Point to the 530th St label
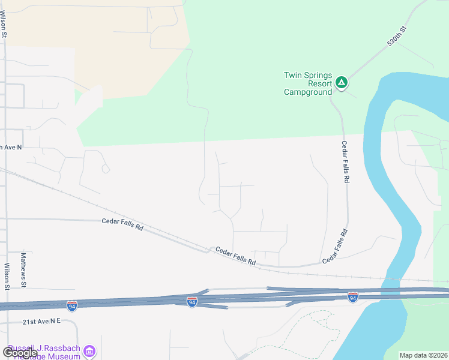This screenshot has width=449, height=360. pyautogui.click(x=397, y=37)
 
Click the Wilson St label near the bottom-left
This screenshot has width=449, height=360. pyautogui.click(x=7, y=277)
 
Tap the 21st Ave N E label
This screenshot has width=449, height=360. pyautogui.click(x=42, y=322)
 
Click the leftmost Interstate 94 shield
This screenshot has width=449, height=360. pyautogui.click(x=72, y=306)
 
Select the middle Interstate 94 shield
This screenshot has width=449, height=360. pyautogui.click(x=192, y=301)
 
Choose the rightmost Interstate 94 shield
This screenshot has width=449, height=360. pyautogui.click(x=353, y=297)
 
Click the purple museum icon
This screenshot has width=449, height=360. pyautogui.click(x=89, y=350)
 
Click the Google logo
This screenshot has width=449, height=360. pyautogui.click(x=19, y=353)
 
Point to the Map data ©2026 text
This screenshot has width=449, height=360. pyautogui.click(x=423, y=355)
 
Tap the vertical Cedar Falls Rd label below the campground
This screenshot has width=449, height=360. pyautogui.click(x=345, y=162)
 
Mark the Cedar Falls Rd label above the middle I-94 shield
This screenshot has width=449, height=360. pyautogui.click(x=235, y=257)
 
